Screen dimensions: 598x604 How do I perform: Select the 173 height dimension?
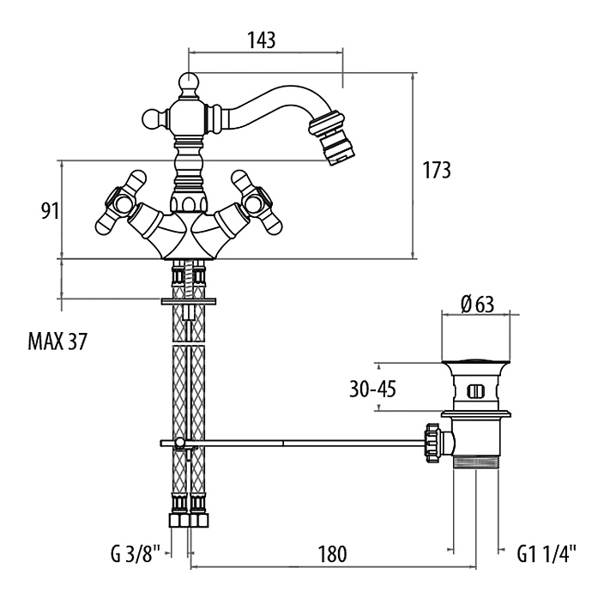(438, 170)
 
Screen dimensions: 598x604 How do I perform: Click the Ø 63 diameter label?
(477, 303)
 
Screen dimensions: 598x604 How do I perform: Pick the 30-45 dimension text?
(372, 389)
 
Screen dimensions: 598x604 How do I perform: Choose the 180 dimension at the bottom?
(331, 554)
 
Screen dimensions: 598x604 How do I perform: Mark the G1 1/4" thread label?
(547, 554)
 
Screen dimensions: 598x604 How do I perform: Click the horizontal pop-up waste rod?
(300, 443)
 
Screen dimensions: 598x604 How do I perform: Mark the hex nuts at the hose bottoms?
(188, 521)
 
